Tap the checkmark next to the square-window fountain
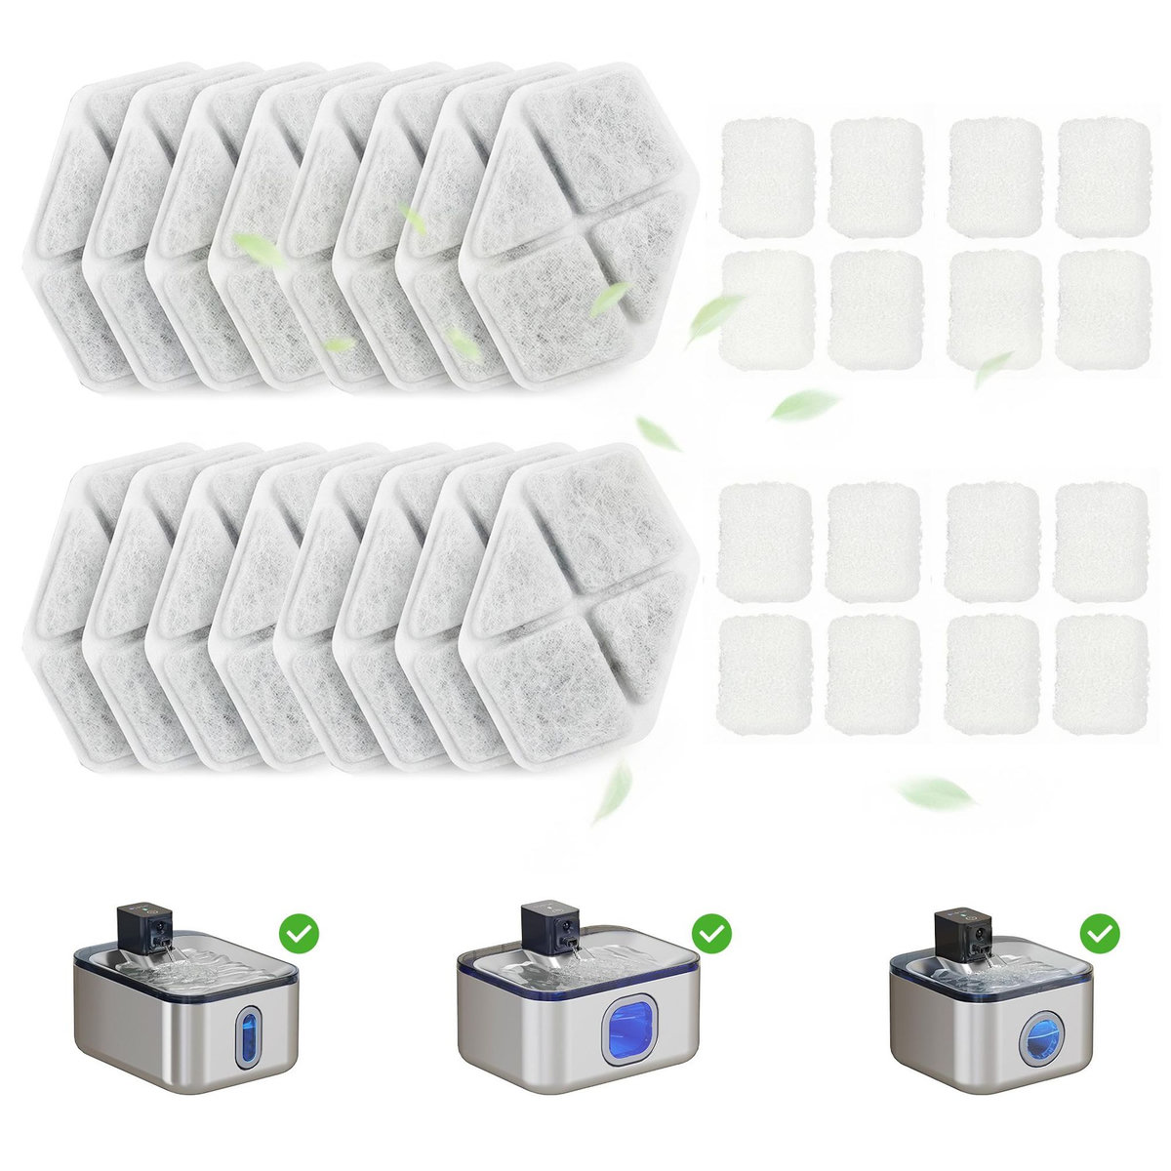(x=713, y=932)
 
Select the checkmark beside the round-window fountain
(x=1101, y=932)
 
